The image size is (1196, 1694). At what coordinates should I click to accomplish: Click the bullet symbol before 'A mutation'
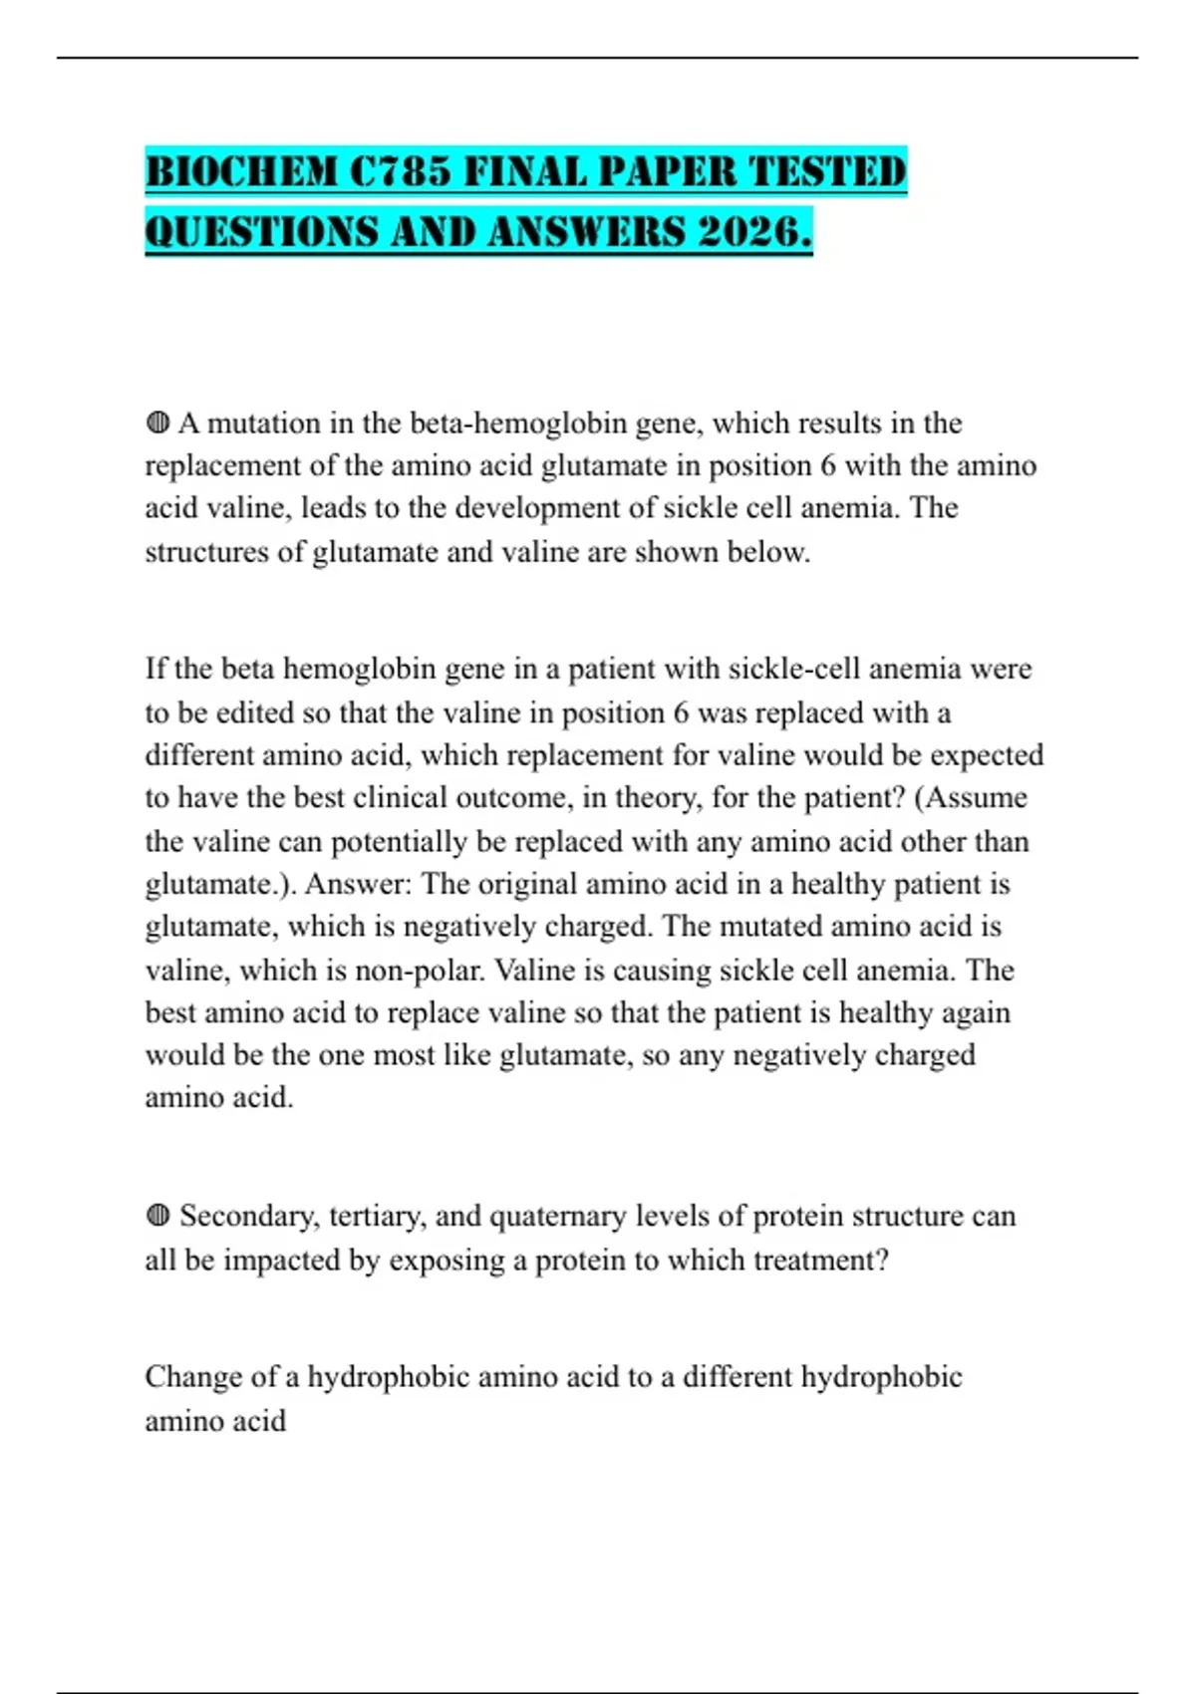[157, 423]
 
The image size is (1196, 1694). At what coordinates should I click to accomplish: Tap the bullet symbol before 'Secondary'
[157, 1216]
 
